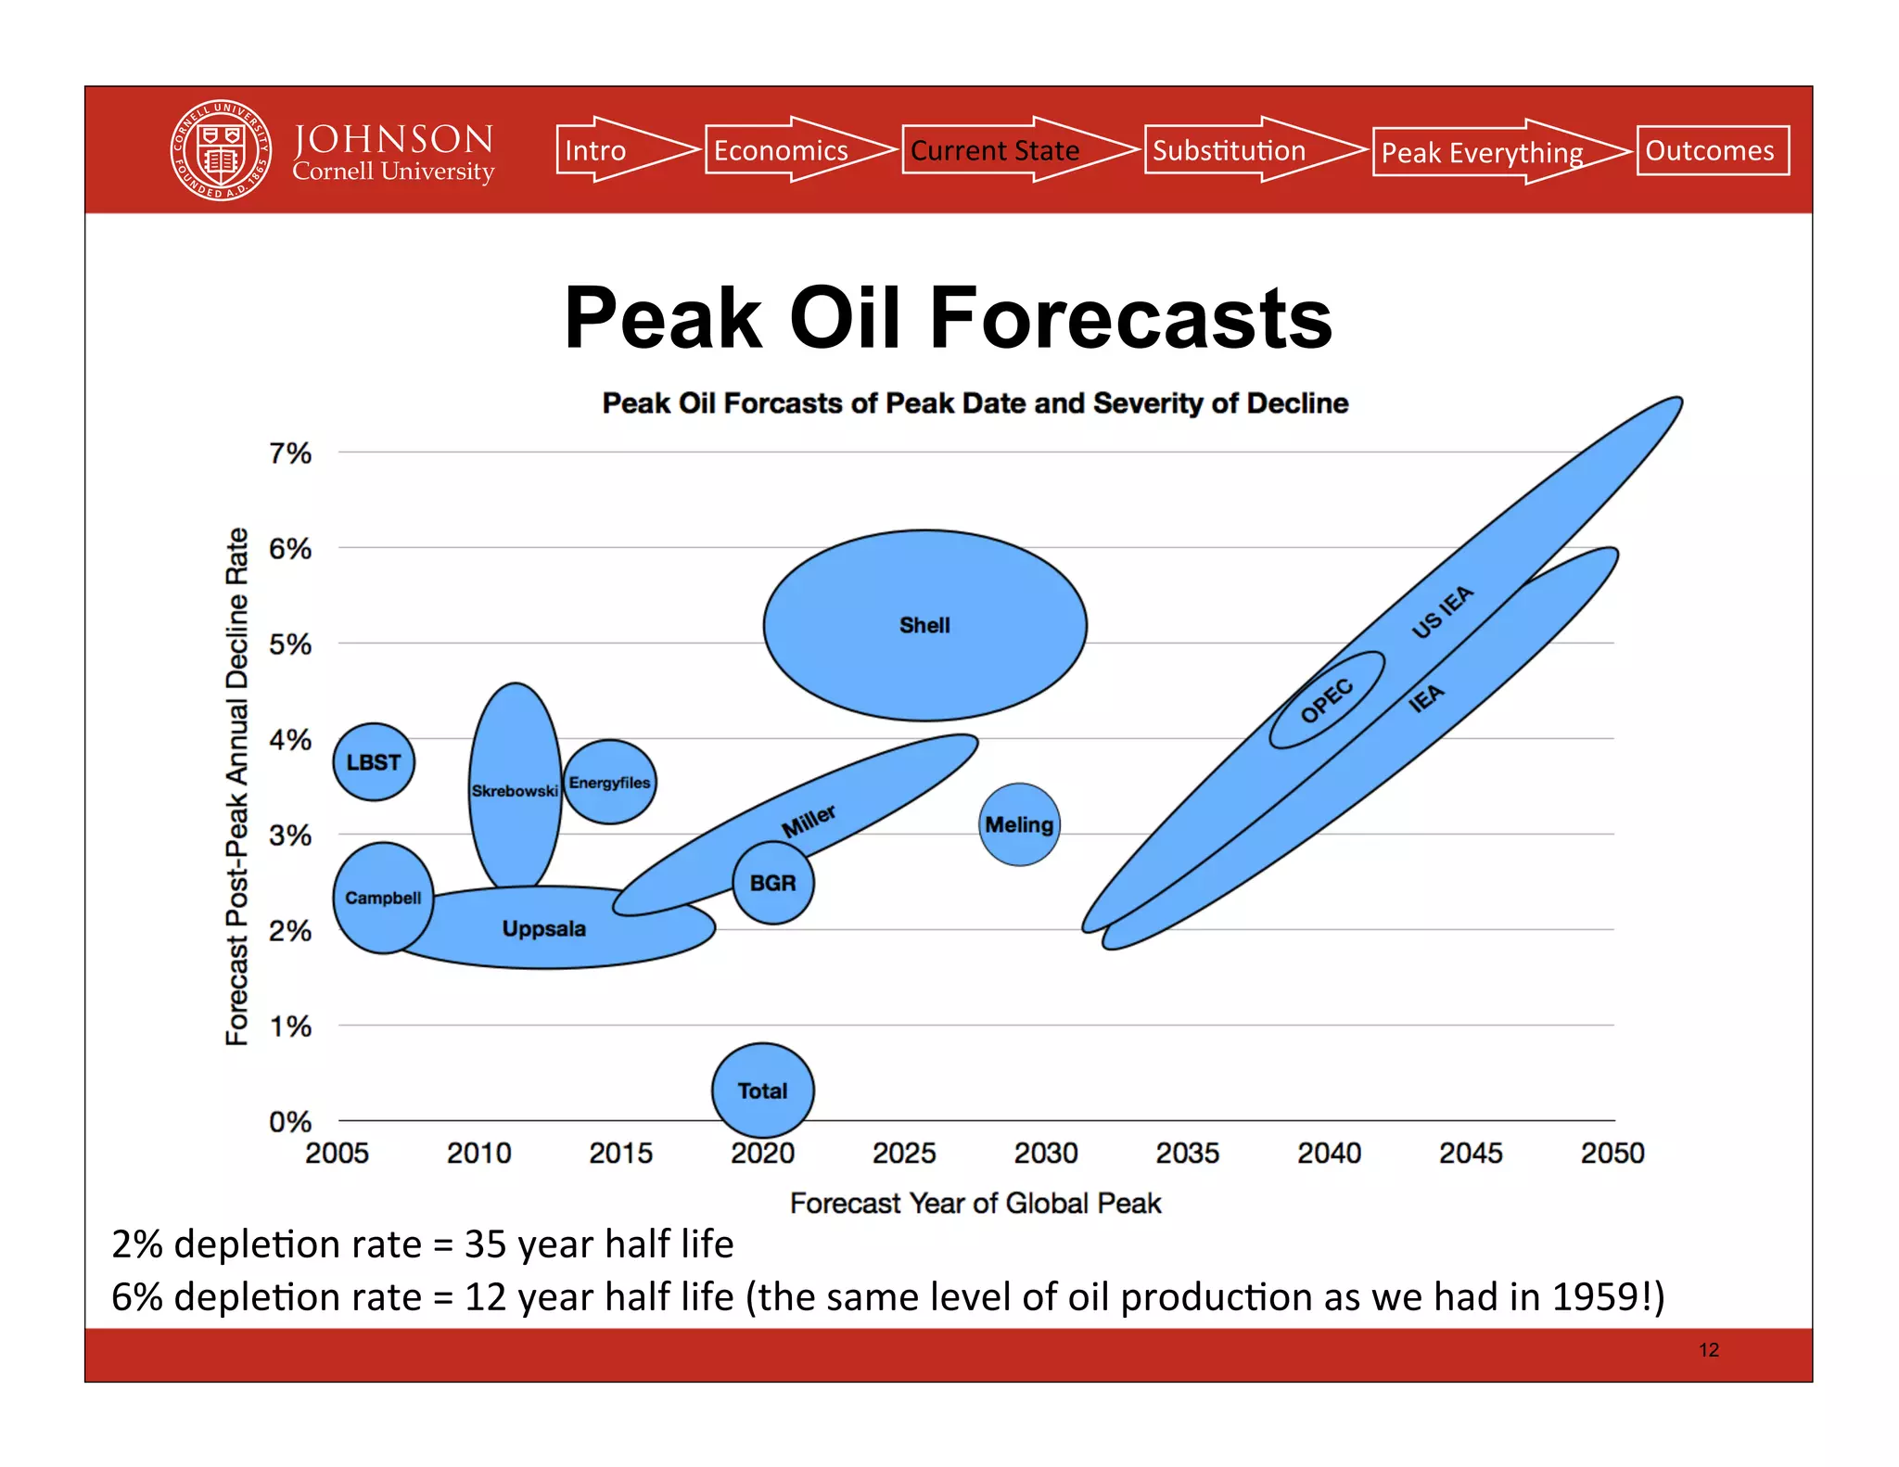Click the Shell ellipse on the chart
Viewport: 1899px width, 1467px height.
click(924, 625)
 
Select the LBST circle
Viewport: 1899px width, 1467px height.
click(374, 762)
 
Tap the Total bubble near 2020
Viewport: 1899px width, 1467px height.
click(762, 1091)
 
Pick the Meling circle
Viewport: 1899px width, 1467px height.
click(1019, 824)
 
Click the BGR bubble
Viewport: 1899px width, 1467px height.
click(772, 883)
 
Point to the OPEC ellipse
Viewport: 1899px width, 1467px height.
click(1326, 701)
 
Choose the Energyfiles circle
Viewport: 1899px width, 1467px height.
click(609, 783)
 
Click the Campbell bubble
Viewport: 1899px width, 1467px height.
click(383, 898)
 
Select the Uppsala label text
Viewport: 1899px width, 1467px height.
click(543, 928)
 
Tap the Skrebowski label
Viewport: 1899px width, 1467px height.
click(515, 791)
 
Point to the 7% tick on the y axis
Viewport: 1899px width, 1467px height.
click(290, 453)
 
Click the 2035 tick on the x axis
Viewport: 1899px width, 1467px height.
click(1187, 1153)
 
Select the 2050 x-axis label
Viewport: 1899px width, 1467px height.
click(1612, 1153)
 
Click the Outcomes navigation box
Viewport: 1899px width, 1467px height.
click(1712, 150)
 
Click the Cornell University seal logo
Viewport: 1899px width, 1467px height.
click(221, 150)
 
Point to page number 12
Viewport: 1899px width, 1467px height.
click(1708, 1350)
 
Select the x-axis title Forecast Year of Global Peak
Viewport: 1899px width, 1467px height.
click(975, 1203)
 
